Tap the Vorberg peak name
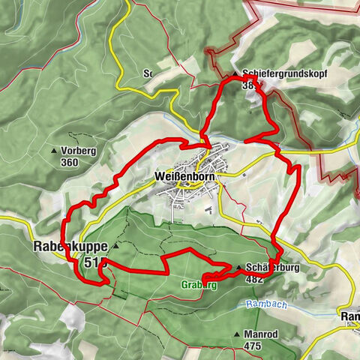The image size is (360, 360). click(79, 150)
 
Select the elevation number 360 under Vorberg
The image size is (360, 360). click(70, 162)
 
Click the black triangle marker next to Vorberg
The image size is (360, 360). click(54, 151)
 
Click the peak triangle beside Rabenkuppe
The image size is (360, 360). click(116, 245)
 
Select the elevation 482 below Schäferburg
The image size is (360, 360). click(254, 278)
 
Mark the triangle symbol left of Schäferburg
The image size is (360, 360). click(239, 268)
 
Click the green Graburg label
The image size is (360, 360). click(199, 285)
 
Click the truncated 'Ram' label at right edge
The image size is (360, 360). click(350, 317)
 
